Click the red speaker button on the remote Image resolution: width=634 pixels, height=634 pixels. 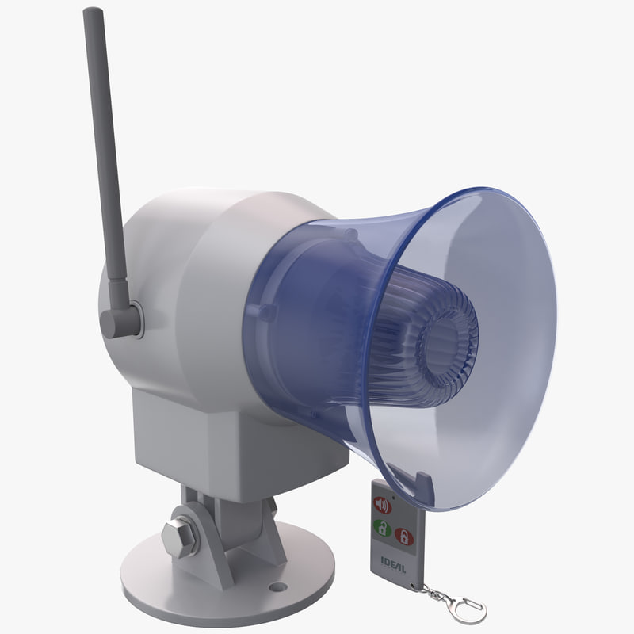pos(383,505)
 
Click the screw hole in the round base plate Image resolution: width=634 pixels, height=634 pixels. pos(277,587)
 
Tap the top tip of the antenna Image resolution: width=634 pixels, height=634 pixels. pos(94,13)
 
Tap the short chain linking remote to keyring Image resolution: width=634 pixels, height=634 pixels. pos(428,590)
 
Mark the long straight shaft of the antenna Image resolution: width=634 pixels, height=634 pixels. pos(105,158)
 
